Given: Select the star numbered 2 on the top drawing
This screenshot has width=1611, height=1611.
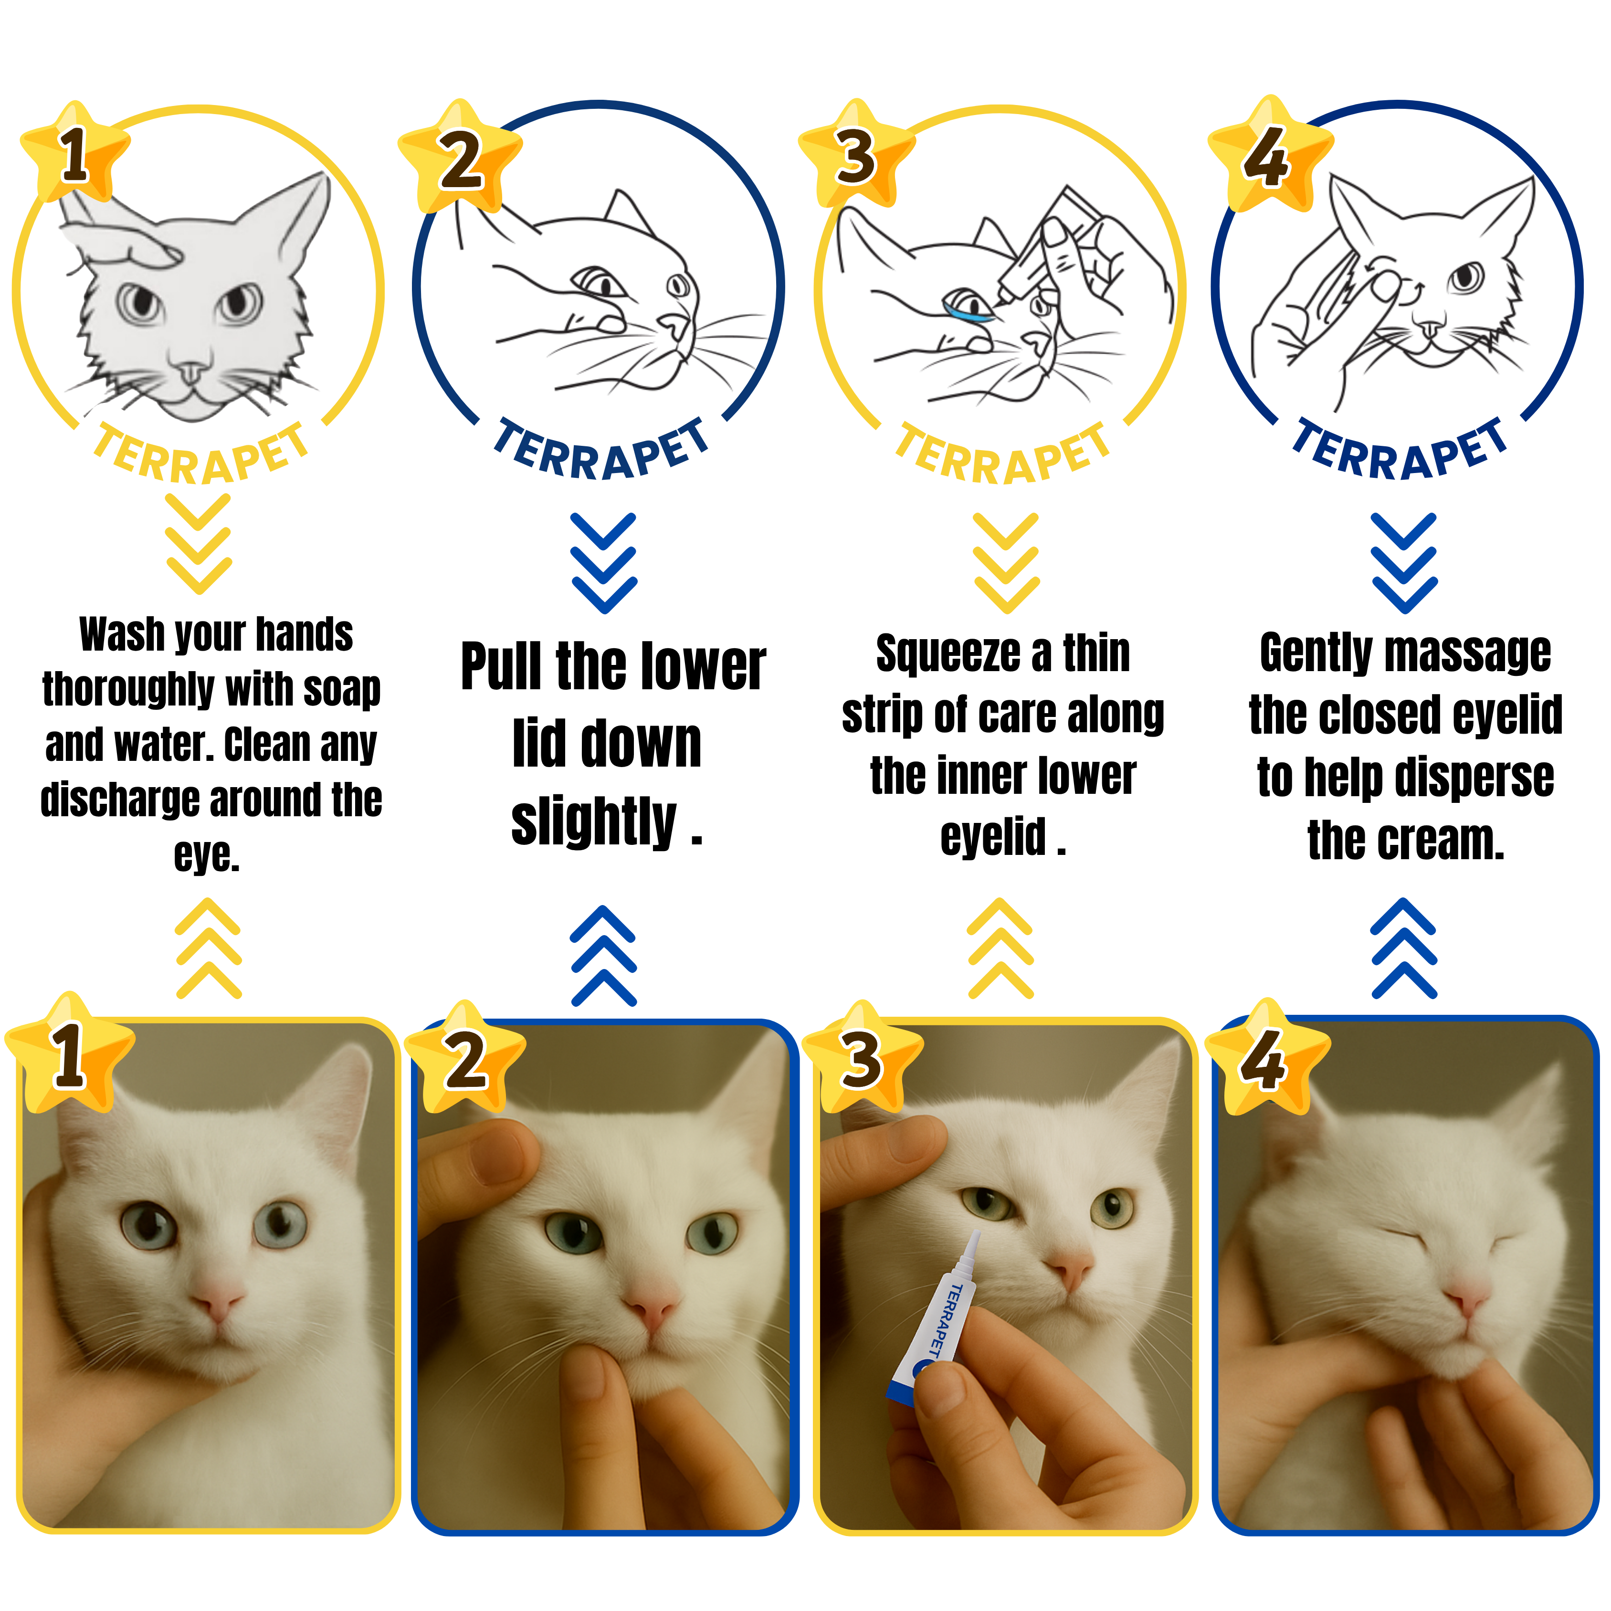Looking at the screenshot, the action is [460, 158].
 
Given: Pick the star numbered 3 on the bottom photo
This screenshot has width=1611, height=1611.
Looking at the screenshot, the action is [862, 1059].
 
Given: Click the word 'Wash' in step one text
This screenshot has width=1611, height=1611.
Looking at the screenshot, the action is [122, 634].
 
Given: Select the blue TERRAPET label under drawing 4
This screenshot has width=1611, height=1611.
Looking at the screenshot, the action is [1401, 450].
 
